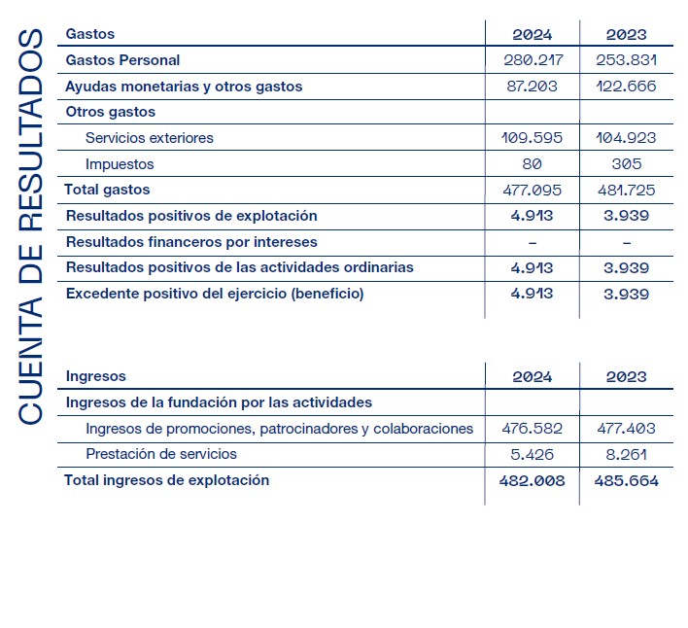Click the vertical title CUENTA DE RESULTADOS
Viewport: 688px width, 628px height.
pos(30,227)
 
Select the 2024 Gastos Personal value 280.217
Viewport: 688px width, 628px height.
pos(532,60)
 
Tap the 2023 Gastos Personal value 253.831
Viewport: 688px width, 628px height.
pos(626,60)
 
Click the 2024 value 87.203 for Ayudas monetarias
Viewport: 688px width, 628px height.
pos(532,87)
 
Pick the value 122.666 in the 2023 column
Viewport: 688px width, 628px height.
pos(626,87)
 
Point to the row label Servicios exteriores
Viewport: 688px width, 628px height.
pos(150,138)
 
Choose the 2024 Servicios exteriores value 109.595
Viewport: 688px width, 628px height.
pos(532,138)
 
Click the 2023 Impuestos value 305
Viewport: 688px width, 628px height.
pos(626,164)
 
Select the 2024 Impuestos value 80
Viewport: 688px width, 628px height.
pos(532,164)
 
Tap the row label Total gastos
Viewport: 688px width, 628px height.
pos(107,190)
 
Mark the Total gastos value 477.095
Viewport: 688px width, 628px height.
pos(532,190)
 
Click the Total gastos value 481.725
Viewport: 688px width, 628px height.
pos(626,190)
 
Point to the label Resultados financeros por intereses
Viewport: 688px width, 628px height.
pos(190,241)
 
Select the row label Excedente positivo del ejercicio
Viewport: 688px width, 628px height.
pos(214,294)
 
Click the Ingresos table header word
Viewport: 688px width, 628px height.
pos(95,376)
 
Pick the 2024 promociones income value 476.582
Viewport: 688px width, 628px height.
pos(532,428)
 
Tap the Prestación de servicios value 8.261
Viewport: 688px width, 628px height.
pos(626,454)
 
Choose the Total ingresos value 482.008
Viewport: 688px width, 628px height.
pos(532,480)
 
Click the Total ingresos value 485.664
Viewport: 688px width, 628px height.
pos(626,480)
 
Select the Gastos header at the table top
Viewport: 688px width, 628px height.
pos(89,34)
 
